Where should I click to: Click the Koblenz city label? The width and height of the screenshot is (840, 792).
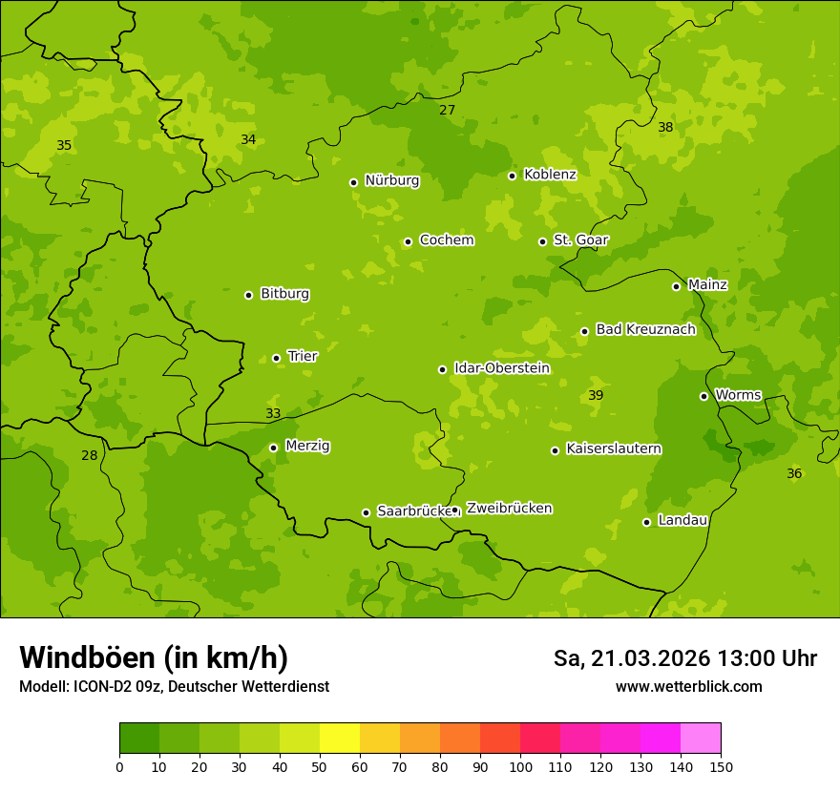(550, 175)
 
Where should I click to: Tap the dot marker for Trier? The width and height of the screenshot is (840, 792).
(277, 358)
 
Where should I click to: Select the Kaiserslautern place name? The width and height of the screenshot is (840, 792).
(614, 448)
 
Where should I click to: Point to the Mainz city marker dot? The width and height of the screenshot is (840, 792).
(676, 286)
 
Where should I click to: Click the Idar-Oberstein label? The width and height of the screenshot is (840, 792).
(502, 368)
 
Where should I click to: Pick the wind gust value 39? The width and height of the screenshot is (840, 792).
(596, 395)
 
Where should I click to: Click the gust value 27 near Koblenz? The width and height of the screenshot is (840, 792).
(447, 110)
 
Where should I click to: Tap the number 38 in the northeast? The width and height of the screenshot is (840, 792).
(665, 127)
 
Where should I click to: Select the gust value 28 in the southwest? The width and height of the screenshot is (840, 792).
(89, 455)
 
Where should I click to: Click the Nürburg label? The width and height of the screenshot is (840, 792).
(392, 180)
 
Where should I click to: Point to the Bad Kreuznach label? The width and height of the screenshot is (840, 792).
(645, 329)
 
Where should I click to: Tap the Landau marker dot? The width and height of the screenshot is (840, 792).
(646, 522)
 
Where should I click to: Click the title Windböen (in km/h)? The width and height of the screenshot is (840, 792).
(154, 657)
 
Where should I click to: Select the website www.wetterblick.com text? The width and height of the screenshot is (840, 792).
(688, 686)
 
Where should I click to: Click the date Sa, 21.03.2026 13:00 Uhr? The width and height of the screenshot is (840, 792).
(684, 658)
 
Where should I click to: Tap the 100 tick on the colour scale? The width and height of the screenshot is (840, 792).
(520, 766)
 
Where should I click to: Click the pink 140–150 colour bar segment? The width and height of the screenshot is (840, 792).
(701, 739)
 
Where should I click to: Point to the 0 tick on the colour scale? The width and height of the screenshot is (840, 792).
(119, 766)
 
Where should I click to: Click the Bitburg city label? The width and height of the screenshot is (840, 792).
(284, 294)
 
